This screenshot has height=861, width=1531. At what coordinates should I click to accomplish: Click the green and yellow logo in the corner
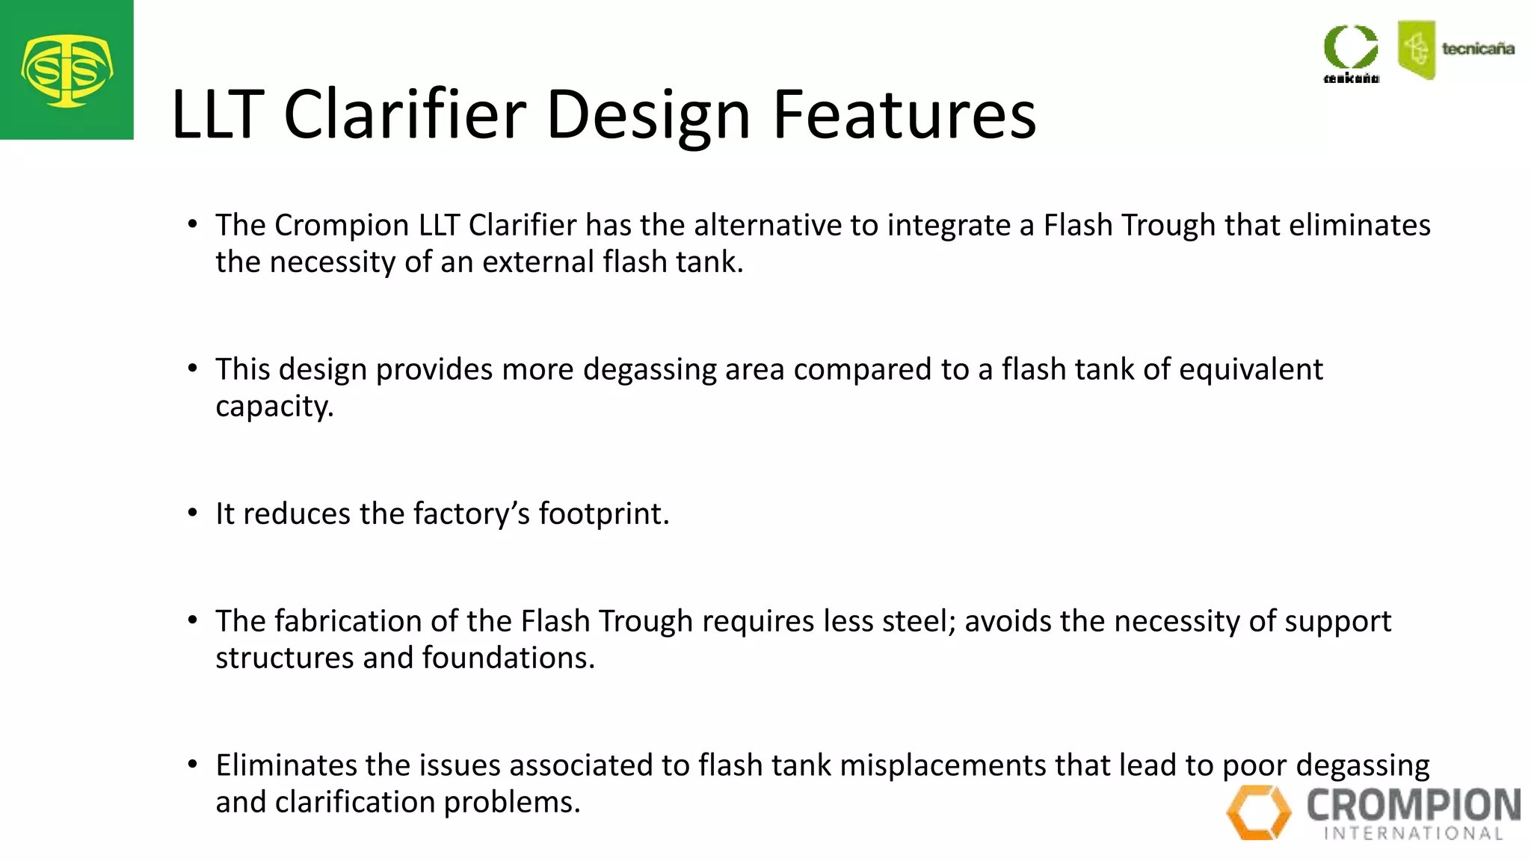point(67,70)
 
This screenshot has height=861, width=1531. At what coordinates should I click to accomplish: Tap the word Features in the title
point(904,114)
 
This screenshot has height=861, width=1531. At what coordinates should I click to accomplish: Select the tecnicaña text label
point(1477,49)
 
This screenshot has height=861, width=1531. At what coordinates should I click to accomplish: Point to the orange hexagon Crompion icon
point(1259,812)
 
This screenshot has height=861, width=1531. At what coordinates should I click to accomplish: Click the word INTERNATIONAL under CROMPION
point(1413,833)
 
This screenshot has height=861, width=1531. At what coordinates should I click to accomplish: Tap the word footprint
point(602,514)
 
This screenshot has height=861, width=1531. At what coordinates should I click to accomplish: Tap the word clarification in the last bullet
point(355,803)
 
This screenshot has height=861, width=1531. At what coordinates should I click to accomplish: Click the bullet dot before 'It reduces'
point(193,513)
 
